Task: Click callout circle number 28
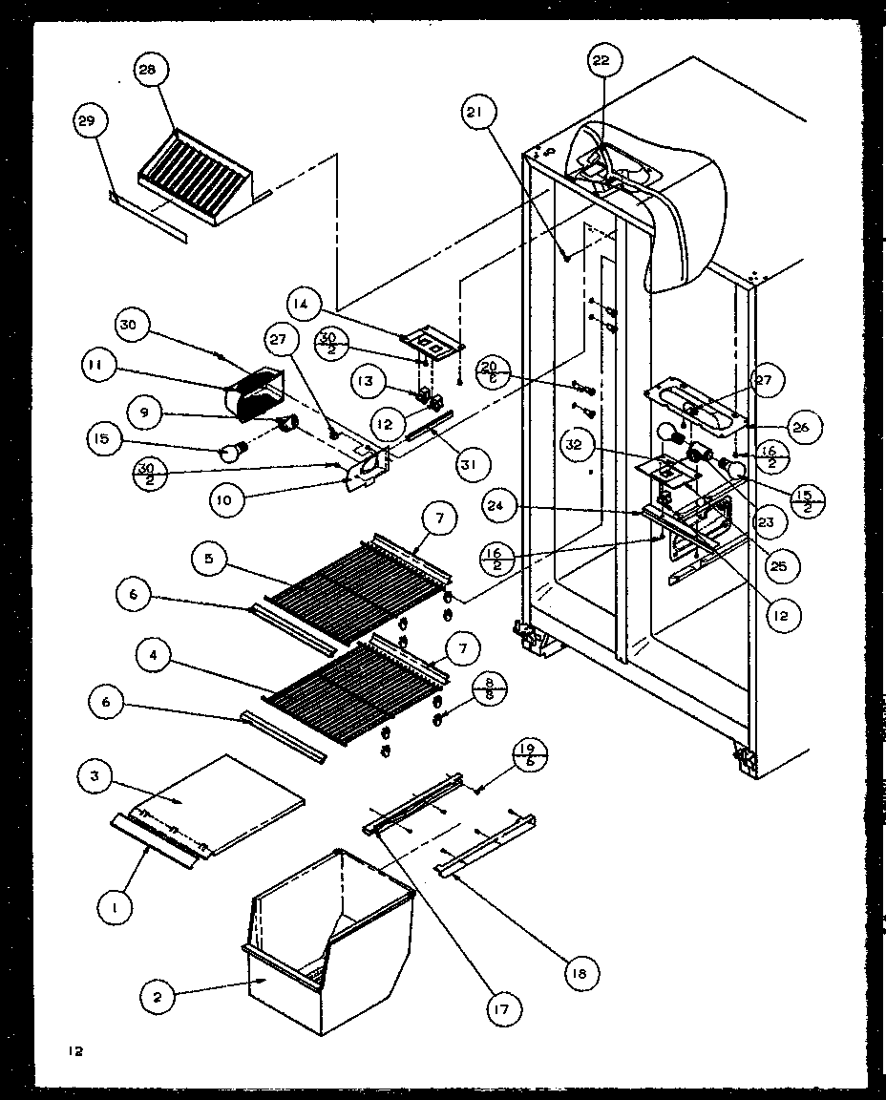(x=151, y=74)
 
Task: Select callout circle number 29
(x=91, y=121)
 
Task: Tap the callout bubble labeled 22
(x=600, y=62)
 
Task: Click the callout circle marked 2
(x=157, y=998)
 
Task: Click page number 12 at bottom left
(x=75, y=1051)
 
